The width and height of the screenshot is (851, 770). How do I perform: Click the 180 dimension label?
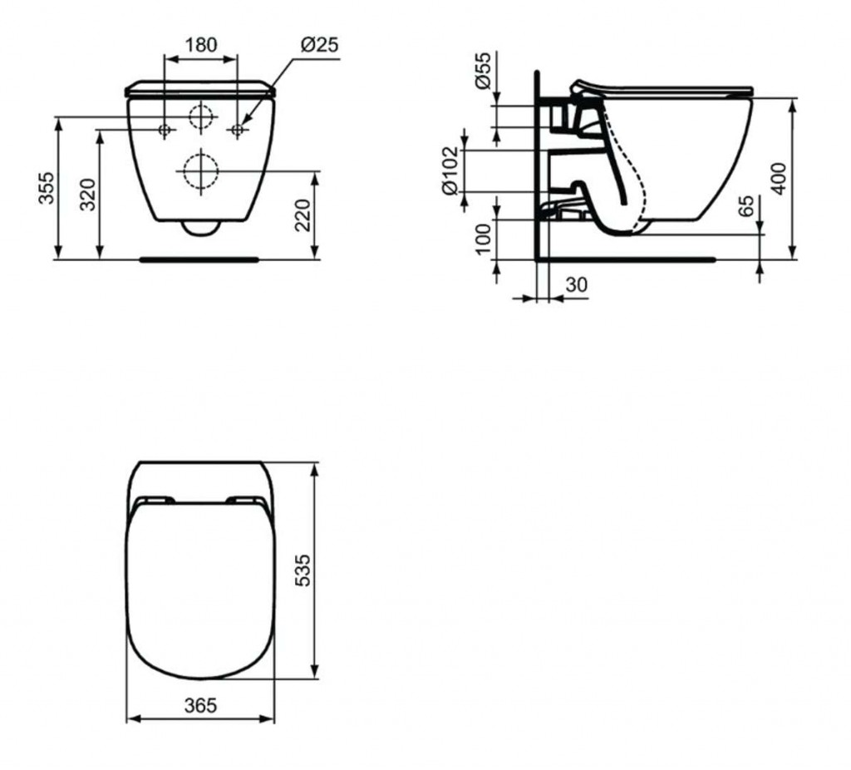click(201, 45)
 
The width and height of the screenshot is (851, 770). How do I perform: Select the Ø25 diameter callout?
click(319, 45)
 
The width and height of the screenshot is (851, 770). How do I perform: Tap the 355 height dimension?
click(47, 189)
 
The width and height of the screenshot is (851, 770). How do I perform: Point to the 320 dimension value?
click(88, 195)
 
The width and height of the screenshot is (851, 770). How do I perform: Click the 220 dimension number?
click(304, 216)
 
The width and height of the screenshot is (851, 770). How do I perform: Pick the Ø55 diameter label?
click(482, 70)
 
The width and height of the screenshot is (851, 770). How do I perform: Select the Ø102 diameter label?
click(450, 170)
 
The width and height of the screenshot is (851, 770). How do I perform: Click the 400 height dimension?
click(779, 177)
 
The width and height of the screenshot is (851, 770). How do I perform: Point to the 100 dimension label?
click(482, 239)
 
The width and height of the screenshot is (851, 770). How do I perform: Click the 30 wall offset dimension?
click(576, 284)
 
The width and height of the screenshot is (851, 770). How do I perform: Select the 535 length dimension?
click(303, 570)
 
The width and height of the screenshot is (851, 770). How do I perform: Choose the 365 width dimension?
click(199, 705)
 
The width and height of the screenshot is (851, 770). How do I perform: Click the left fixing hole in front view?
click(165, 129)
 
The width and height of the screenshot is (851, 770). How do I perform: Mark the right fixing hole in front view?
click(237, 129)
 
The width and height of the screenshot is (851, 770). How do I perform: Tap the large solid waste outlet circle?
click(200, 171)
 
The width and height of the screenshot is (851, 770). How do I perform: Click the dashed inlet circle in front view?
click(200, 117)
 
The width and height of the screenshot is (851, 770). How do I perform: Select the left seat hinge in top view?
click(155, 500)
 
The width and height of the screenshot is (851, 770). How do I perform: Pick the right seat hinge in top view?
click(245, 500)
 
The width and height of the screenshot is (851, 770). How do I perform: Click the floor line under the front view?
click(199, 259)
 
